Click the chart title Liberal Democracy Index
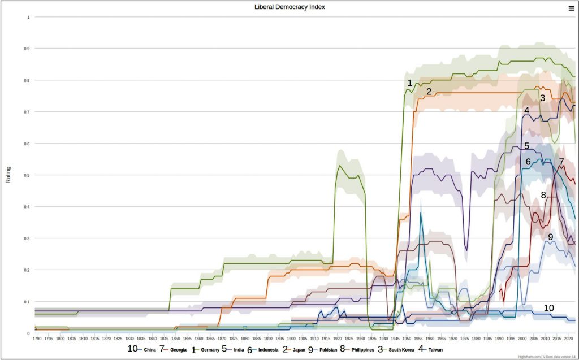[x=289, y=7]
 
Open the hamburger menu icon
[x=571, y=8]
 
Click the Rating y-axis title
[x=8, y=175]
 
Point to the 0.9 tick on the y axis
[x=27, y=49]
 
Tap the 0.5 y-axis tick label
[x=27, y=175]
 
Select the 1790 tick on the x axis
[x=37, y=339]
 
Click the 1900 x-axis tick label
[x=291, y=339]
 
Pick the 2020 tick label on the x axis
[x=567, y=339]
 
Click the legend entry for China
[x=149, y=350]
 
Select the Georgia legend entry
[x=178, y=350]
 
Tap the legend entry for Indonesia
[x=268, y=350]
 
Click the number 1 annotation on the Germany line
[x=410, y=83]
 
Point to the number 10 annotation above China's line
[x=548, y=307]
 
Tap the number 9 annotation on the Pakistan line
[x=550, y=237]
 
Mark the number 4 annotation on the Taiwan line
[x=526, y=110]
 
